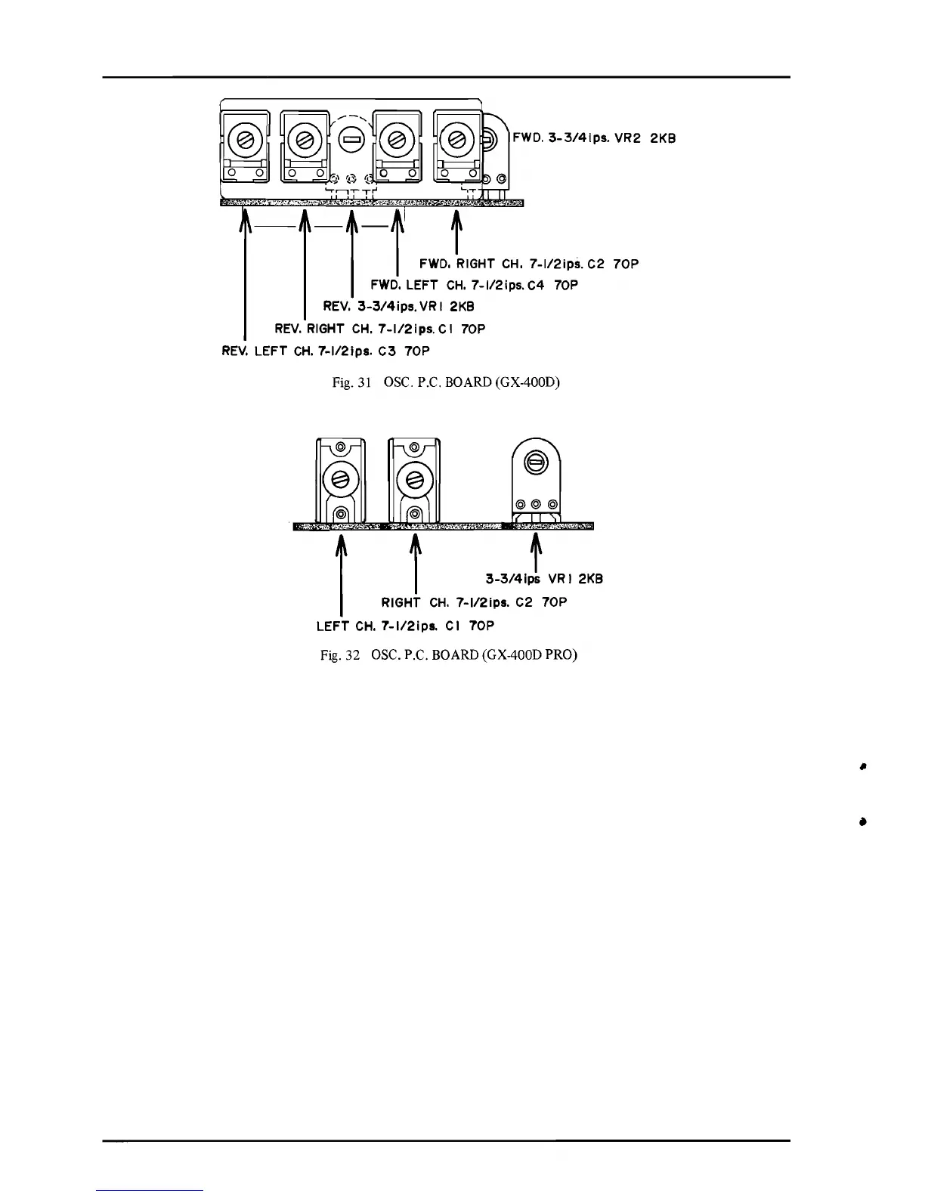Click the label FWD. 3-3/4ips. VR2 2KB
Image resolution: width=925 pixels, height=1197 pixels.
click(x=593, y=138)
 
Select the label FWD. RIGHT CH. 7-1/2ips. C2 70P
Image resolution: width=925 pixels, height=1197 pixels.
click(x=529, y=264)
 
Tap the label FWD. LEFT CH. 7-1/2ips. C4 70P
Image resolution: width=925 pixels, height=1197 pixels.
click(x=474, y=285)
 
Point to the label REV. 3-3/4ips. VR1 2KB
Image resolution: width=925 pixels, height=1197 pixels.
click(x=398, y=307)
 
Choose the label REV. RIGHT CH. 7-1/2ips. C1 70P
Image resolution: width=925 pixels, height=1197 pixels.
click(x=379, y=329)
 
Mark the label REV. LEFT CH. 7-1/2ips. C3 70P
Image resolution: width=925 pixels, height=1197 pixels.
click(x=325, y=351)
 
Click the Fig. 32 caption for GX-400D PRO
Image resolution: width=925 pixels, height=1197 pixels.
click(x=449, y=655)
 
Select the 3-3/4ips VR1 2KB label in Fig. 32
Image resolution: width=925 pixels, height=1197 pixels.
click(x=544, y=580)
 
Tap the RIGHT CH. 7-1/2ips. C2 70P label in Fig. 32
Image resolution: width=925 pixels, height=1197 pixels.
click(x=474, y=602)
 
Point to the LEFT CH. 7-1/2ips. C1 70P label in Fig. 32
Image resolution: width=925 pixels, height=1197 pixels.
click(x=405, y=626)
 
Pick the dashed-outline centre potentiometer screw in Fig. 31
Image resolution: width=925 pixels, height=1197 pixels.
click(x=351, y=138)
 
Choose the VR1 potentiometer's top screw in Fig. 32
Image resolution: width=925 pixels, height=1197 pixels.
click(x=536, y=463)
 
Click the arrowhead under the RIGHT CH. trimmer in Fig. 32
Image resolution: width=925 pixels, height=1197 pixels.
click(x=415, y=541)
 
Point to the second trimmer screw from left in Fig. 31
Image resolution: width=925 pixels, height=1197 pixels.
click(x=305, y=139)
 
